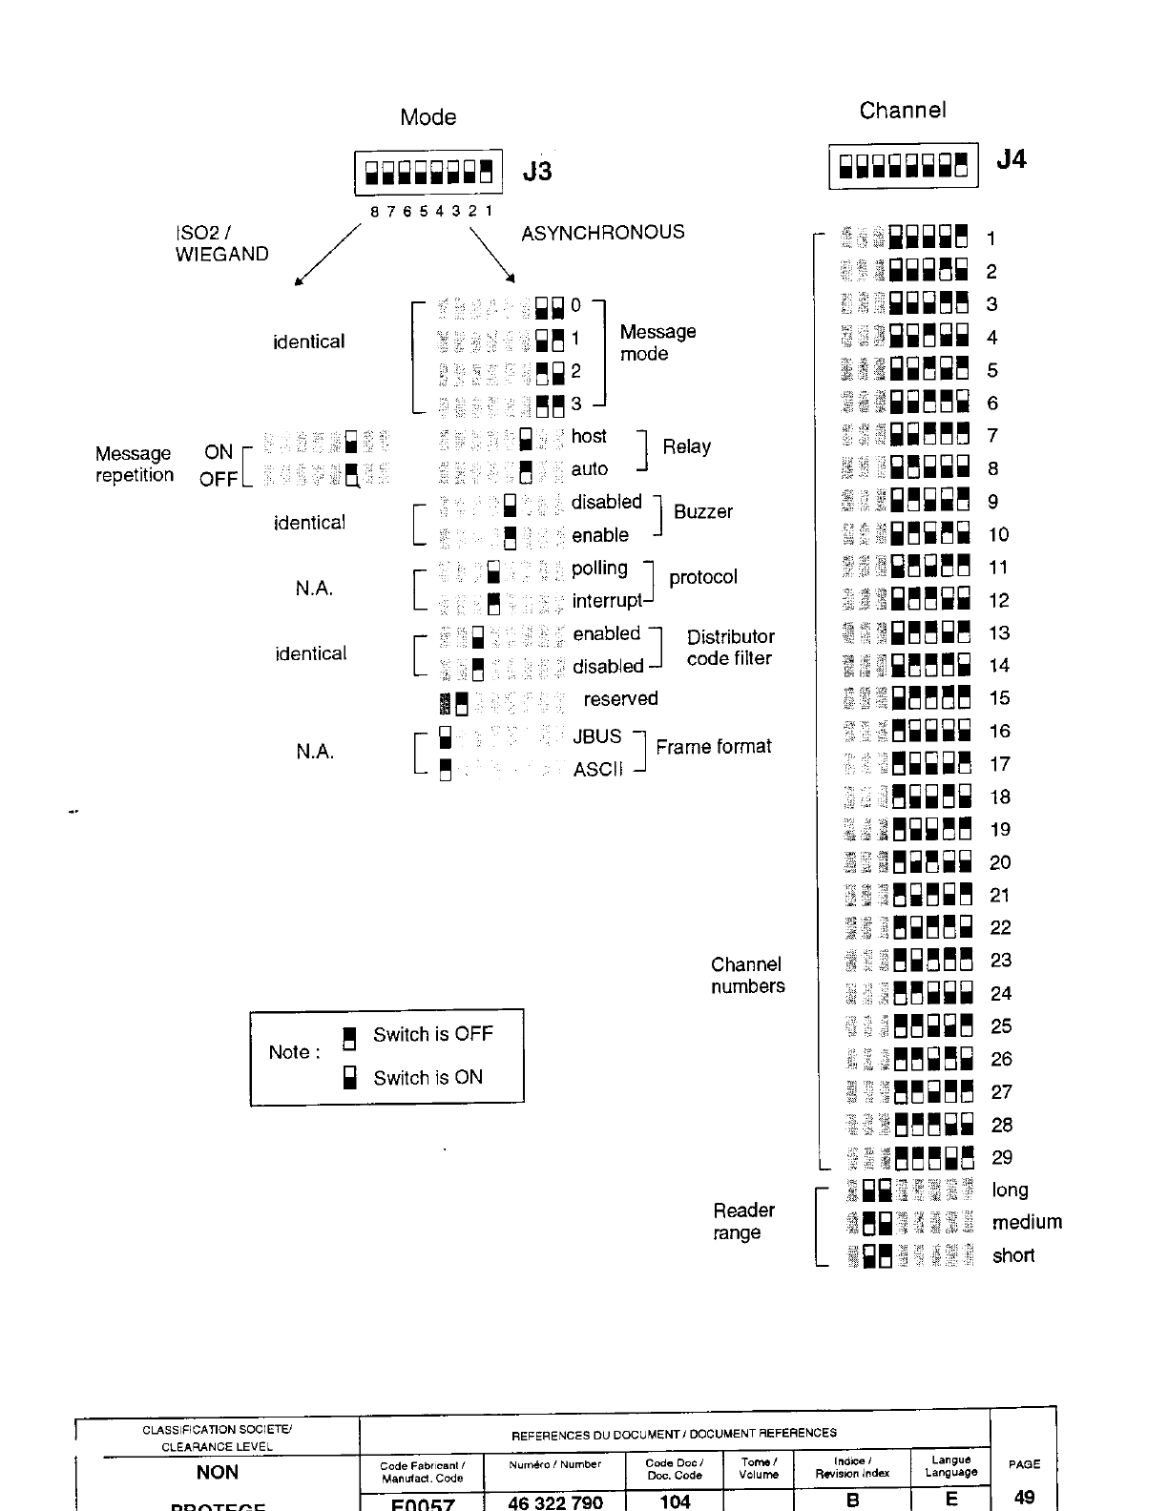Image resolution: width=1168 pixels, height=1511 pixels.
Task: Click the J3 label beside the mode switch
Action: coord(537,172)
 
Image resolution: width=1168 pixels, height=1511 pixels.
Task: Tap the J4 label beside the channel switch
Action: coord(1011,159)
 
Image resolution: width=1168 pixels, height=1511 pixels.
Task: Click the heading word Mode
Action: coord(428,117)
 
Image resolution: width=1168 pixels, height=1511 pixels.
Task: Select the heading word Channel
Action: coord(902,111)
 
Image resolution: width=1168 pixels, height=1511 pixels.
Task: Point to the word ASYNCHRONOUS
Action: coord(602,233)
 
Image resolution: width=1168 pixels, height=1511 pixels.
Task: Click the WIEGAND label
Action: coord(221,255)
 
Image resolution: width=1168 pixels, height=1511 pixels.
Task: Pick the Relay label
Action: coord(686,446)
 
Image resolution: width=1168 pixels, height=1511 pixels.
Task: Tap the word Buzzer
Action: coord(702,511)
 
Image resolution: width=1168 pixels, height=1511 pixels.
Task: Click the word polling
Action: coord(599,569)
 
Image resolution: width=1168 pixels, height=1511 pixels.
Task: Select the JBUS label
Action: coord(596,736)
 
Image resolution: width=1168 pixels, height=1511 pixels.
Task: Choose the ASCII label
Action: coord(597,769)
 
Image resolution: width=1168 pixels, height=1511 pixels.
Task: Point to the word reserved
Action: coord(620,699)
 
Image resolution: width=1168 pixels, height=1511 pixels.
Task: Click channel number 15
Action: coord(999,698)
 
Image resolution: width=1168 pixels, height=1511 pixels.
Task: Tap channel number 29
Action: coord(1001,1158)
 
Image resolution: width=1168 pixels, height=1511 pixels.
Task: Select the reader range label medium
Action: coord(1027,1223)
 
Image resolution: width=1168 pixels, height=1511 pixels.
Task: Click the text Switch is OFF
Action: coord(432,1034)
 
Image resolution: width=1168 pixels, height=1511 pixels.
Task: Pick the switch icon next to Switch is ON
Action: coord(349,1078)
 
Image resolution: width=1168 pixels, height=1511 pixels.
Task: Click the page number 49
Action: coord(1024,1497)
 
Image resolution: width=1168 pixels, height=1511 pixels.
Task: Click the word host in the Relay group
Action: coord(589,437)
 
